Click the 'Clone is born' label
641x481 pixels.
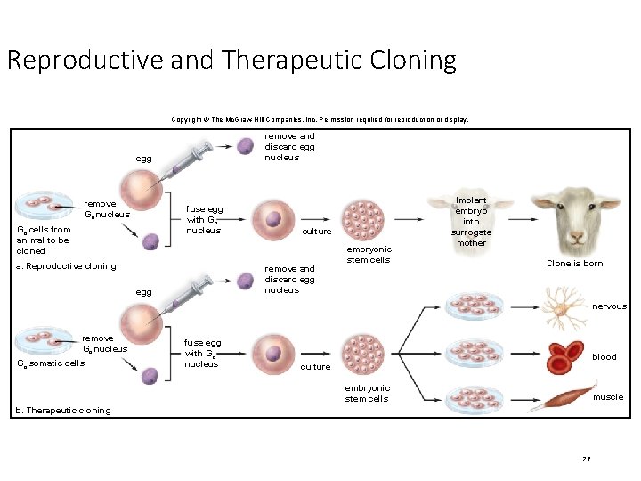[574, 264]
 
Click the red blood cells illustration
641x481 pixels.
[564, 356]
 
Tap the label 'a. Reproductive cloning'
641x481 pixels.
[66, 266]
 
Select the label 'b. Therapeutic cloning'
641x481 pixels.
[63, 411]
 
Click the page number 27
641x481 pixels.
[586, 459]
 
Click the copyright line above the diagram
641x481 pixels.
[319, 119]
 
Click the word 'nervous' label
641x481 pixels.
[609, 306]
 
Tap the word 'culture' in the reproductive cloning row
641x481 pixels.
[317, 232]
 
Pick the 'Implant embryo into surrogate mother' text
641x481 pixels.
[471, 222]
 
